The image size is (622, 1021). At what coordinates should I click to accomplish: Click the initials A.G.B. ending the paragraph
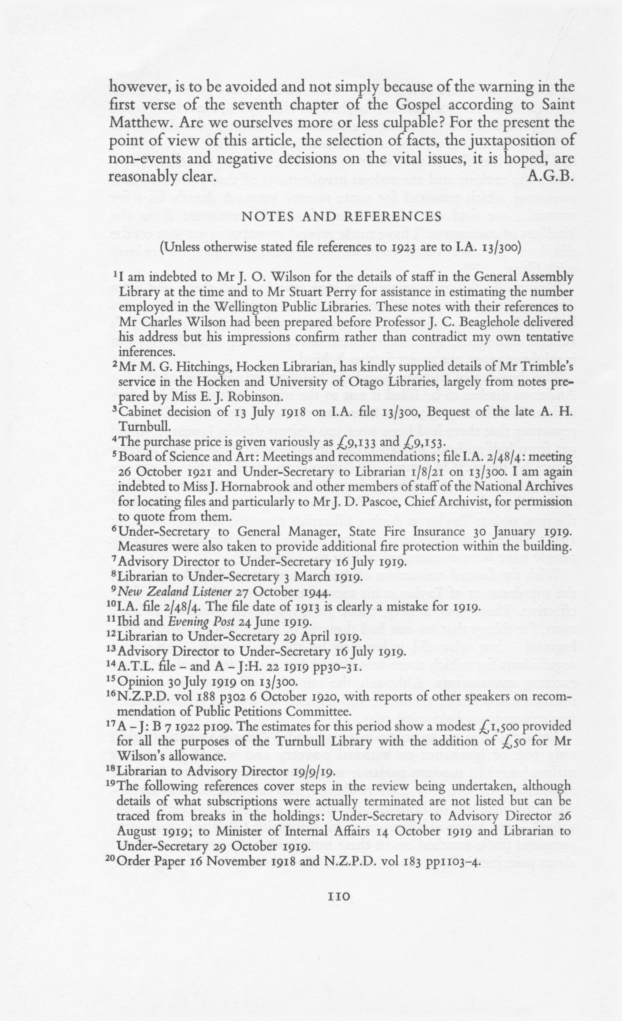(x=551, y=177)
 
